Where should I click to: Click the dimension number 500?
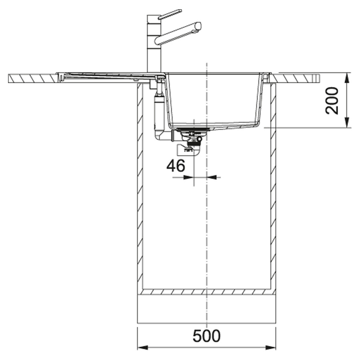coord(206,336)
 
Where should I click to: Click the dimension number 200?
coord(332,100)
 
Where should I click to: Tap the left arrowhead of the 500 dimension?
coord(142,348)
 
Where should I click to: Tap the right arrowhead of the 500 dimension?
coord(271,348)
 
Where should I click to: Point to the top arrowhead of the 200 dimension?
coord(347,78)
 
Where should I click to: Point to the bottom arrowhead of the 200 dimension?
coord(347,122)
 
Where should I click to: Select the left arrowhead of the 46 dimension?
coord(189,177)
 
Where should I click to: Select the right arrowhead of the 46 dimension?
coord(212,177)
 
